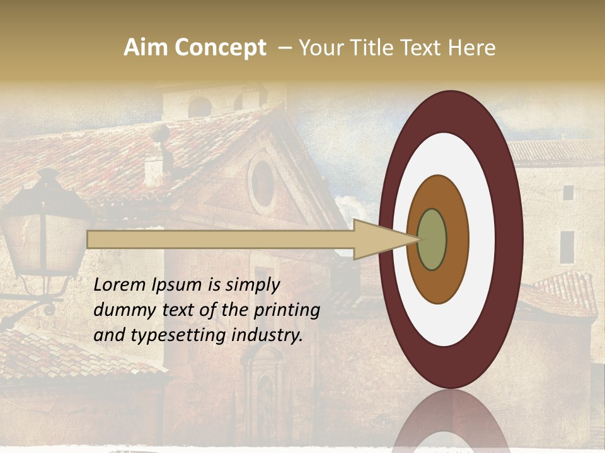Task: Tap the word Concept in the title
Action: [220, 48]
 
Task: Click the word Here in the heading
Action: [472, 48]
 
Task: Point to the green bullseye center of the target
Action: [432, 239]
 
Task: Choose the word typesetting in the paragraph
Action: [174, 335]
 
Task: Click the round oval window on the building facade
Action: [262, 182]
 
